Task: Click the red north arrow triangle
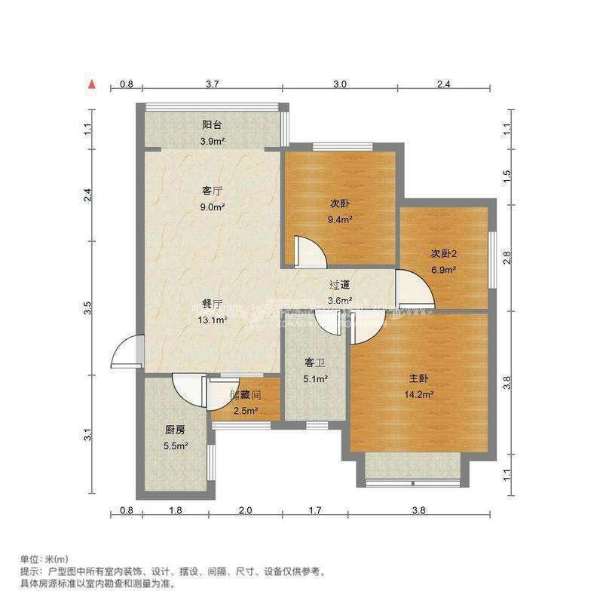92,84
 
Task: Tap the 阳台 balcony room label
212,125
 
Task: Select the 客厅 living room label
212,191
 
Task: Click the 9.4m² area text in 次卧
341,220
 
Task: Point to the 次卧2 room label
444,253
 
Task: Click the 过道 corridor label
340,285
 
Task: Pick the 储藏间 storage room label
245,394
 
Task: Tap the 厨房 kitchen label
175,430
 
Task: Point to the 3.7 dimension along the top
212,84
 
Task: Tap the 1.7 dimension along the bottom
315,511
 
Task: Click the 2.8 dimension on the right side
507,258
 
